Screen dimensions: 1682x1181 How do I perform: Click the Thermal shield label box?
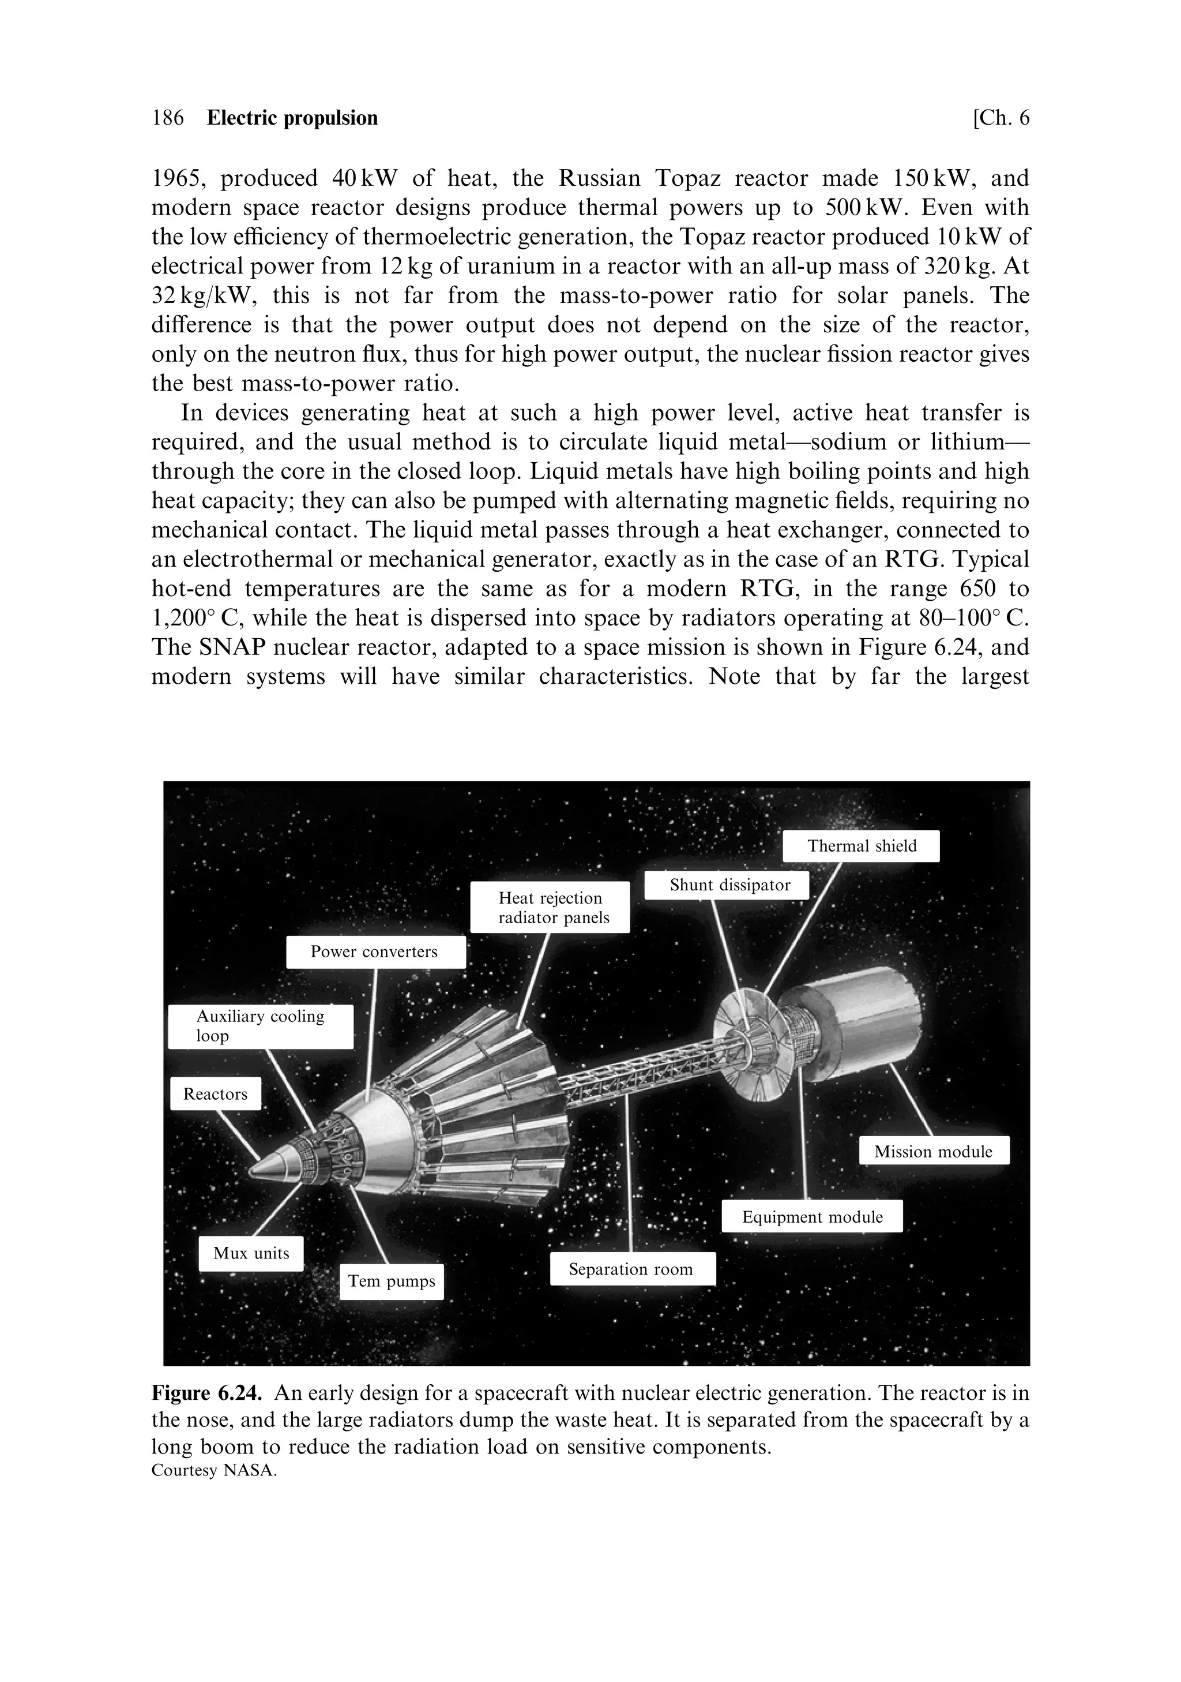click(x=860, y=846)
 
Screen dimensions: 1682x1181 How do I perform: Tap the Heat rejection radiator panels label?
click(x=550, y=908)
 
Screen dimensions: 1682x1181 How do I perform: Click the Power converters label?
click(x=375, y=951)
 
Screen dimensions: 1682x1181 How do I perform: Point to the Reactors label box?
click(x=215, y=1094)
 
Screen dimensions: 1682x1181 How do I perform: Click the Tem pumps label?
click(x=391, y=1280)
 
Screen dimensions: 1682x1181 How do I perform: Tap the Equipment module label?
click(x=812, y=1217)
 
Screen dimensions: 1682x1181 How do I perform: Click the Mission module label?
click(x=934, y=1151)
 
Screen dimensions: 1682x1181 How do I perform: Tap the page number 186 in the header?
click(x=168, y=118)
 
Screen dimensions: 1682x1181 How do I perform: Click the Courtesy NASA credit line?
click(x=214, y=1470)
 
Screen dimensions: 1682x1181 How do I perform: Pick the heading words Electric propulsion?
click(x=292, y=118)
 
